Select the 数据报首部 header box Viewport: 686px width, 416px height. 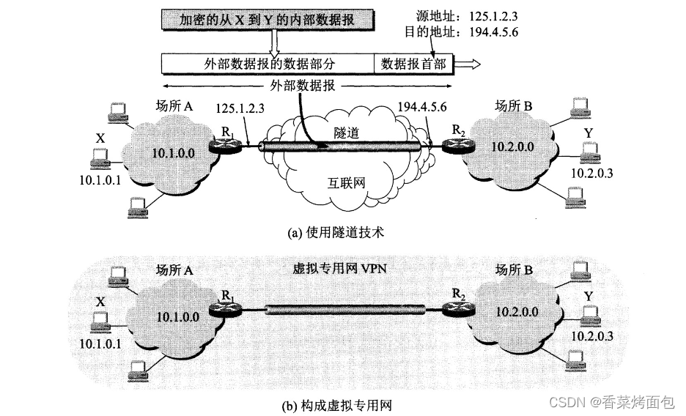coord(413,64)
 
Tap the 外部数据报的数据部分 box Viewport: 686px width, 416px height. coord(267,64)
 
